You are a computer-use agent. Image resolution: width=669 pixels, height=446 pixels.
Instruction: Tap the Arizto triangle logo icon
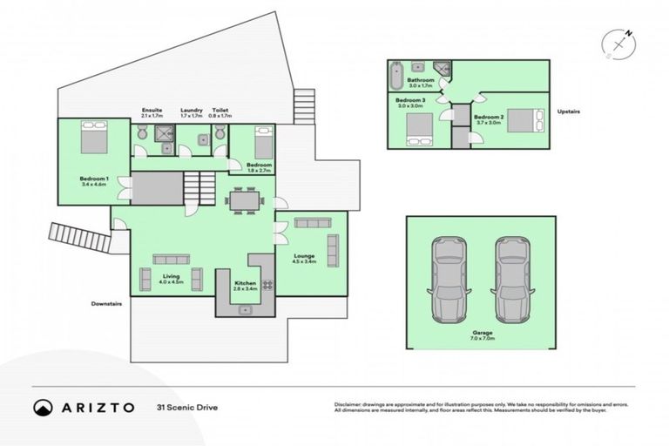tap(43, 407)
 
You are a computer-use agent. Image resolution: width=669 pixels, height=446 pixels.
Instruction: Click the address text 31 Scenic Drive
tap(186, 407)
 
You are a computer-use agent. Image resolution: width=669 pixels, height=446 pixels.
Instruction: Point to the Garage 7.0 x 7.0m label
tap(480, 334)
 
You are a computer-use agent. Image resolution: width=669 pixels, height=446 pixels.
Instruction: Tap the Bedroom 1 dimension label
tap(92, 180)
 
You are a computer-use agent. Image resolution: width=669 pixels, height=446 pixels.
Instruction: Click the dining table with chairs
tap(245, 200)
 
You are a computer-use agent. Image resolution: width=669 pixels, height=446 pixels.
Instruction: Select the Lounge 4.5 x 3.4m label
tap(303, 258)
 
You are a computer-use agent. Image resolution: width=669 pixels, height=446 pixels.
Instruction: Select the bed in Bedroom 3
tap(418, 128)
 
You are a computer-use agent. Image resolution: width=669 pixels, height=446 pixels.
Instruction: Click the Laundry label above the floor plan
tap(192, 112)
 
